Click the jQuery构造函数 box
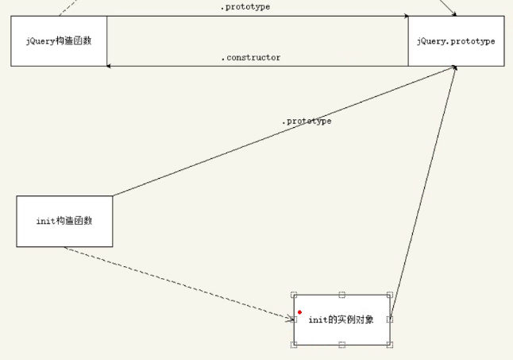coord(59,41)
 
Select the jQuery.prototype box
coord(456,41)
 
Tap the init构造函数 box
coord(64,221)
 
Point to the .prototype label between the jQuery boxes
coord(245,7)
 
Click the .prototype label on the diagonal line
coord(307,121)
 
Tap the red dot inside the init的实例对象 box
coord(299,312)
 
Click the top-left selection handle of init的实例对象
coord(294,294)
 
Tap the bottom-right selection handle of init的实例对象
coord(390,344)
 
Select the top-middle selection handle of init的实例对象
coord(341,294)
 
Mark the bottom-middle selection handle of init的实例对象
coord(341,344)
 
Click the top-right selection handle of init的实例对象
coord(390,294)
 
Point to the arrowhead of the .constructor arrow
coord(110,65)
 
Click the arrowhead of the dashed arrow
coord(290,319)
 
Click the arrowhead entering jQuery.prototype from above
coord(453,14)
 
